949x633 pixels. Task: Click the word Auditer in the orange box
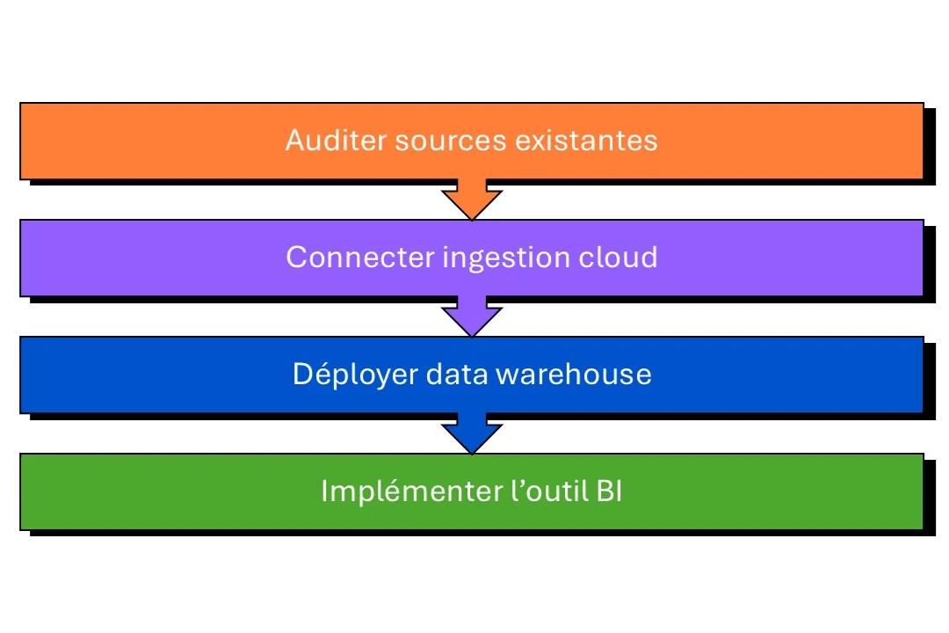pos(336,141)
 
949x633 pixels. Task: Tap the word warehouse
pos(574,374)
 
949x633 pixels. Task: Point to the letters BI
pos(609,491)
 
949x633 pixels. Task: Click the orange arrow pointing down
pos(472,200)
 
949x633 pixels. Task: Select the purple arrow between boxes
pos(472,317)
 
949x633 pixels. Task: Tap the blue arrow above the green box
pos(472,435)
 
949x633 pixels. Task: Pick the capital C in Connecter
pos(296,257)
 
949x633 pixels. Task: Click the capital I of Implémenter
pos(324,491)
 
